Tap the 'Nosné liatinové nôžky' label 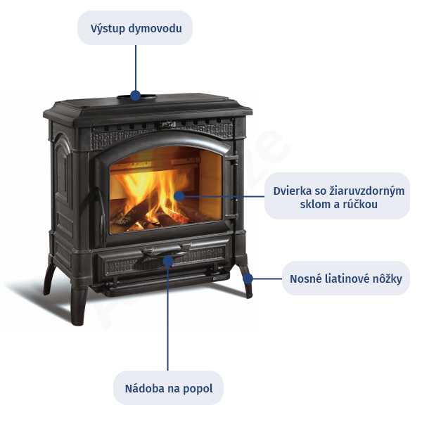tap(345, 279)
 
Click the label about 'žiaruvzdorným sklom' tap(337, 197)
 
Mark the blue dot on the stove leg tap(248, 279)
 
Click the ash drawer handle tap(166, 250)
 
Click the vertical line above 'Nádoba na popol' tap(168, 316)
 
